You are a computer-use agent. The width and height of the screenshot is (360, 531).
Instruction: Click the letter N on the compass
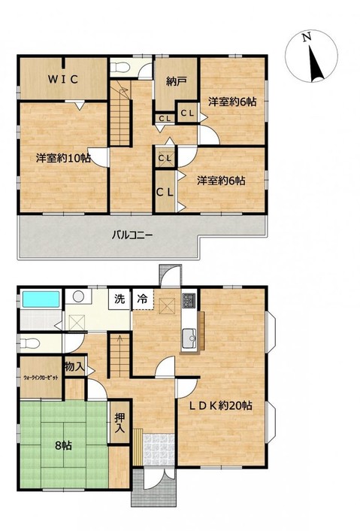(307, 37)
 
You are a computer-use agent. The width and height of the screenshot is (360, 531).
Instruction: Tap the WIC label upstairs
(63, 79)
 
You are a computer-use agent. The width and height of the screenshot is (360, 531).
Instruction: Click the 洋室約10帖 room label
(63, 158)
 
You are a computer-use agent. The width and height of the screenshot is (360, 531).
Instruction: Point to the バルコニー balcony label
(132, 235)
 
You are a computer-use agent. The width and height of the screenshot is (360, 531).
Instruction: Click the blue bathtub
(41, 299)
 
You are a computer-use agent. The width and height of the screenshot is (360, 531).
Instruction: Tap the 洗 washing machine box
(119, 299)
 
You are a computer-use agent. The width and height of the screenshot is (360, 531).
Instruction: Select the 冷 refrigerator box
(143, 299)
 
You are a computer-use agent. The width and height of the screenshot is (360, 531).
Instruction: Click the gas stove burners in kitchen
(189, 301)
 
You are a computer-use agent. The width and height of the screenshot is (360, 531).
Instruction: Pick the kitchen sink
(189, 338)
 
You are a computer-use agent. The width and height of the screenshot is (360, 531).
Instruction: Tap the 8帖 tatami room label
(63, 445)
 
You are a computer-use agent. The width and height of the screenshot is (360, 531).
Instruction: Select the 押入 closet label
(119, 423)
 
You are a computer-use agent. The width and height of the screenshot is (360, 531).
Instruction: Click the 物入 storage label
(74, 366)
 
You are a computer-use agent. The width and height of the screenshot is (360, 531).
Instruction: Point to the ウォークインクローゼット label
(41, 378)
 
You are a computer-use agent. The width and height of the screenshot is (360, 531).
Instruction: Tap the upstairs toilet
(119, 68)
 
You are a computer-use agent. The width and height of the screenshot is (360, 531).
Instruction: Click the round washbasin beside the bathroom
(78, 296)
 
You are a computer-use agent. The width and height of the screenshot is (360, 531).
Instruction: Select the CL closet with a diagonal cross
(165, 158)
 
